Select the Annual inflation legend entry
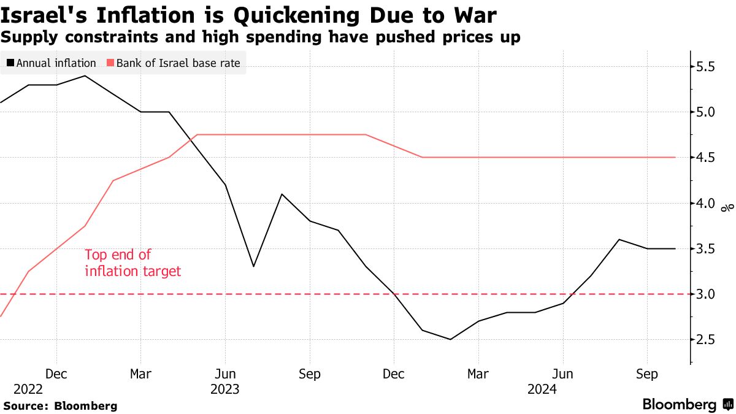[52, 63]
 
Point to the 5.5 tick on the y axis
[714, 66]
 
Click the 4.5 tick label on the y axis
[714, 158]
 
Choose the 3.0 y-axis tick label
[714, 294]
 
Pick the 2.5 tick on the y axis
[714, 340]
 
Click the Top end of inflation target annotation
[132, 263]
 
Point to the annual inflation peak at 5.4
[85, 76]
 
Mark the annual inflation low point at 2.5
[451, 339]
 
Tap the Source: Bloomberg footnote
[60, 405]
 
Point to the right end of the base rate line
[675, 158]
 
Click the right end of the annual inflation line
[675, 248]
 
